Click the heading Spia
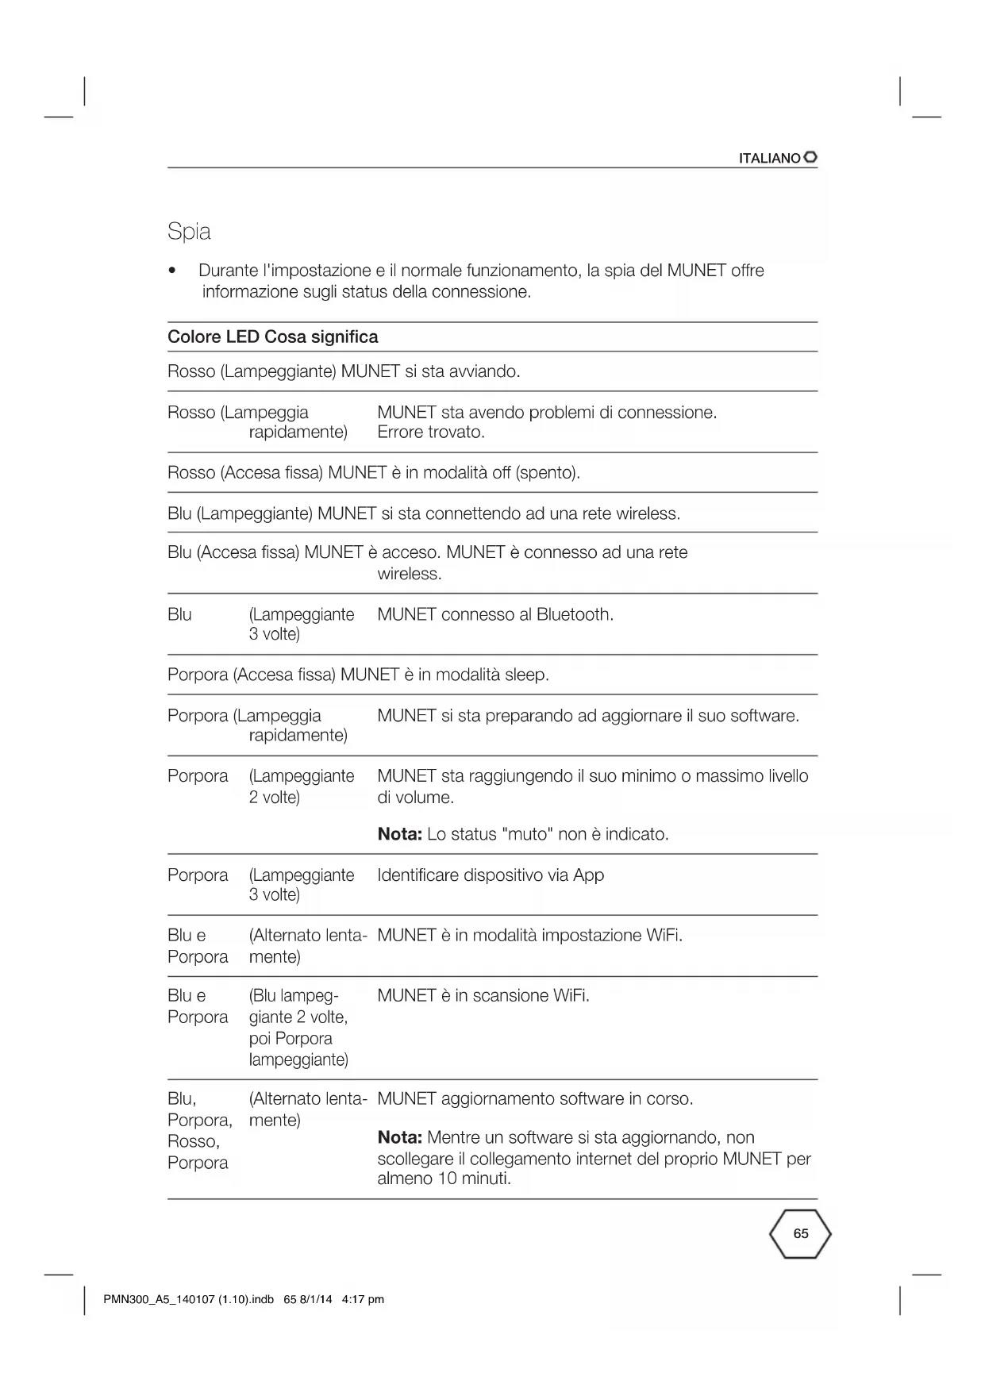[x=189, y=232]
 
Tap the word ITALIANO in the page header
[x=769, y=159]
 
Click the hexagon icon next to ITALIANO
[x=810, y=158]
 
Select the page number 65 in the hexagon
[x=800, y=1233]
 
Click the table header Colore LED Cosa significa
[x=272, y=337]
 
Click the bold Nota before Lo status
[x=399, y=834]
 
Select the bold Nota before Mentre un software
[x=399, y=1138]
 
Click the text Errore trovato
[x=430, y=433]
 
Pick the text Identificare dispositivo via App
[x=491, y=875]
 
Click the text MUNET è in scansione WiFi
[x=483, y=996]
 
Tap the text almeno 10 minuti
[x=444, y=1179]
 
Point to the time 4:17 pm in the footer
[x=362, y=1299]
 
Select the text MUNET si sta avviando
[x=430, y=371]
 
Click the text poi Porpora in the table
[x=290, y=1039]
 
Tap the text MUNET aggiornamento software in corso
[x=535, y=1099]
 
